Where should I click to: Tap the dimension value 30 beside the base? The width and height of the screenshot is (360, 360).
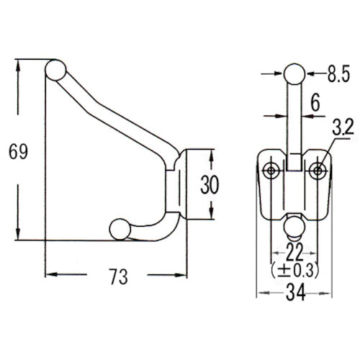tap(210, 184)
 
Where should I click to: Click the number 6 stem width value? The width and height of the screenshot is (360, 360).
tap(315, 104)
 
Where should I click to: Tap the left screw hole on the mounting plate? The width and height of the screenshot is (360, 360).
tap(271, 170)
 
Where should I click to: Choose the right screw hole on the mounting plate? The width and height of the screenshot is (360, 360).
tap(317, 170)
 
